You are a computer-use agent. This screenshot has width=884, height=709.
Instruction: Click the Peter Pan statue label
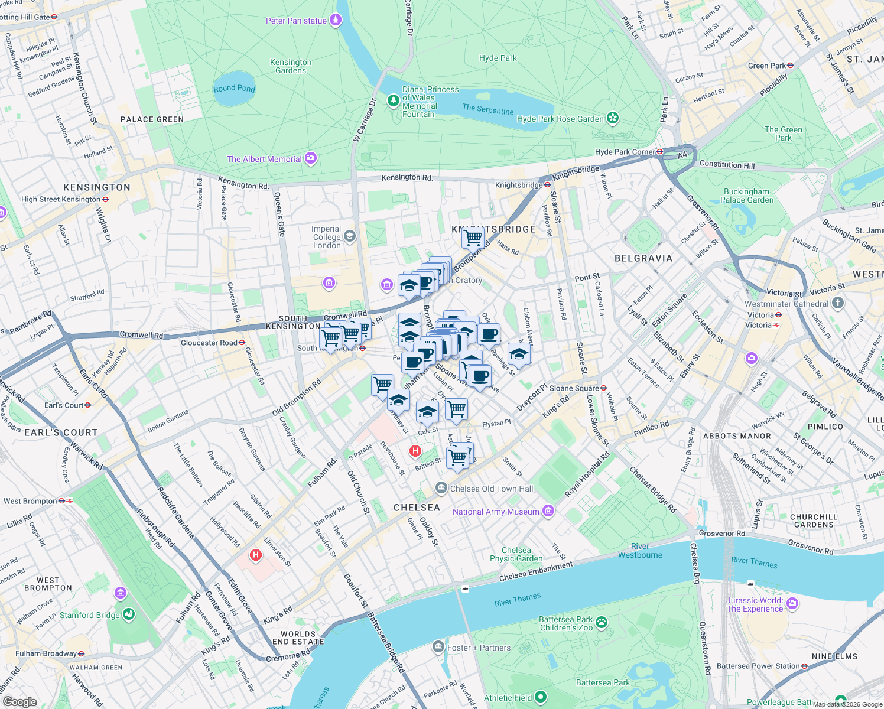(296, 21)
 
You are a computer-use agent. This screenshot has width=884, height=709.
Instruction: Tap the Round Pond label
(234, 89)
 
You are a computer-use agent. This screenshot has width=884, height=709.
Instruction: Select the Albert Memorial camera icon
(311, 158)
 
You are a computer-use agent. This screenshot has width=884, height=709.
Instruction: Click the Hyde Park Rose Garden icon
(613, 118)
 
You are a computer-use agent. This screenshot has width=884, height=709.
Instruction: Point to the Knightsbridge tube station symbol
(548, 185)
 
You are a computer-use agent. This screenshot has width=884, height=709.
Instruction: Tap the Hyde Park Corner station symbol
(660, 152)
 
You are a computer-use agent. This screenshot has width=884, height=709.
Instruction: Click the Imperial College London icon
(350, 237)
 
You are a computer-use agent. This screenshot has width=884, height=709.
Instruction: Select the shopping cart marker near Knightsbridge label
(473, 238)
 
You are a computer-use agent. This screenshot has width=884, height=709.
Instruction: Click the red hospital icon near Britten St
(415, 451)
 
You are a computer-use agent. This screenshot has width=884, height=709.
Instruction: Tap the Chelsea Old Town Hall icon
(441, 488)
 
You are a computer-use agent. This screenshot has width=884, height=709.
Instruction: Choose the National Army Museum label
(496, 512)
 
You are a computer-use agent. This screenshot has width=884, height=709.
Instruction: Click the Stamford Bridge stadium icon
(129, 614)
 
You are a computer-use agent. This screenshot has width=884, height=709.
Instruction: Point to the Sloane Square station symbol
(604, 388)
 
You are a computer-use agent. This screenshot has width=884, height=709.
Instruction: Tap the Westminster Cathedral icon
(837, 303)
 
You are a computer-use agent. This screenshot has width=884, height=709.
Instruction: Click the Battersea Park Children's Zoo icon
(602, 622)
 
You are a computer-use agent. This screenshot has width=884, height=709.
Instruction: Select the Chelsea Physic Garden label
(516, 554)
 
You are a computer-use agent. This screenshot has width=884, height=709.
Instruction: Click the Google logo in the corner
(20, 702)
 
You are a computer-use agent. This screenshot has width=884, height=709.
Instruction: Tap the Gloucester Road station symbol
(242, 343)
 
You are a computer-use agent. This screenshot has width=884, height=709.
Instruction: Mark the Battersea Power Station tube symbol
(805, 666)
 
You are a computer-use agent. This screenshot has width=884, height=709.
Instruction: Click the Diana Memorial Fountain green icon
(393, 101)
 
